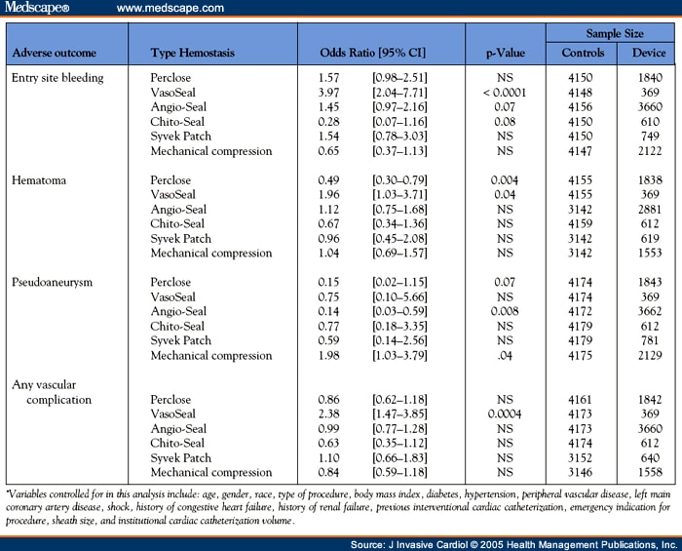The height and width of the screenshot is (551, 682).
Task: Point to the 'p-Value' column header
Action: (x=504, y=53)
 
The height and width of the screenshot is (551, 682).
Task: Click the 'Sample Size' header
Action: (x=613, y=34)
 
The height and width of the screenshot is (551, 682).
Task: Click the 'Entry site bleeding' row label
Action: (x=57, y=77)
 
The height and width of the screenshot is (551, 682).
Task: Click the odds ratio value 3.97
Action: (x=332, y=93)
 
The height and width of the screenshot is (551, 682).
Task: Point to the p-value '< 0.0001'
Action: (x=504, y=93)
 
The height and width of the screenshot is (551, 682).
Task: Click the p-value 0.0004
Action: (x=504, y=414)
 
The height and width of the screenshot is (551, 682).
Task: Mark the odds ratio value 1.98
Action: (x=332, y=356)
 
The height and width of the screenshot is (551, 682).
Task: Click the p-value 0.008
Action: (x=504, y=312)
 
